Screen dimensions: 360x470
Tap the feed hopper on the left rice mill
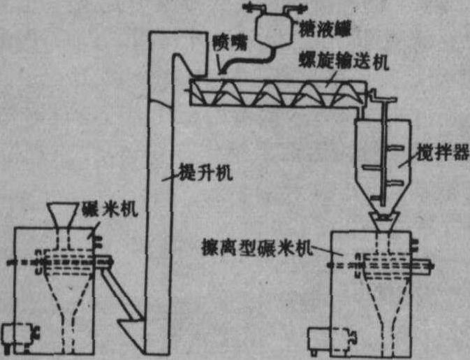coord(66,215)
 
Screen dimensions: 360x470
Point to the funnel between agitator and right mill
coord(383,223)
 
